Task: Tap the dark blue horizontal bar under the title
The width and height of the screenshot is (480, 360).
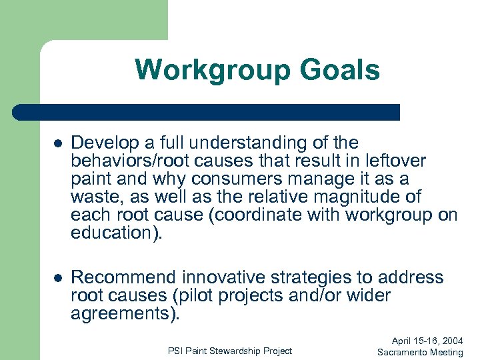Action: [207, 112]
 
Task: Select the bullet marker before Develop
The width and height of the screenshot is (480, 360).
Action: [58, 143]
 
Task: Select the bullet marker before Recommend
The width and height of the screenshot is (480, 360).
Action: [58, 278]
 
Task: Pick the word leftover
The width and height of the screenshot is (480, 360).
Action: [395, 161]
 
